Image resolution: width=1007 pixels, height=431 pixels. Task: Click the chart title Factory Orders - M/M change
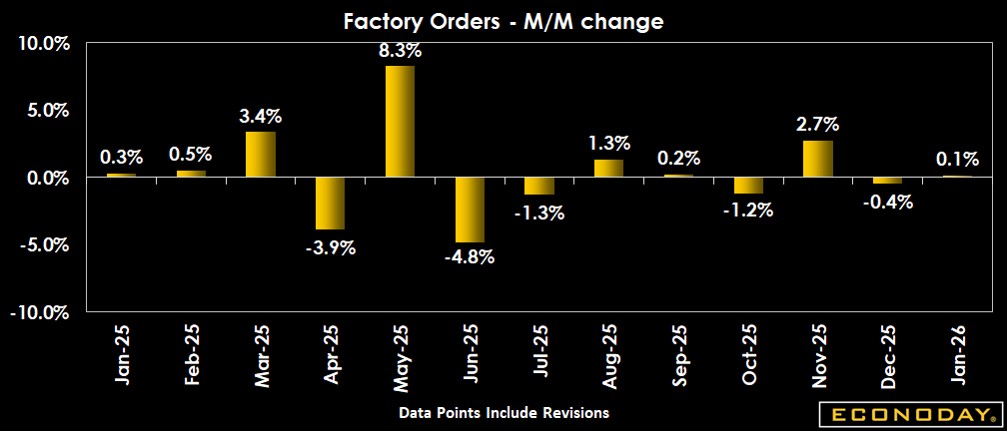pyautogui.click(x=503, y=20)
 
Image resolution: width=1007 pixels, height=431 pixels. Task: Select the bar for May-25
pyautogui.click(x=400, y=121)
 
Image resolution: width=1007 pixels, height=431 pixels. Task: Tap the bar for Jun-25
pyautogui.click(x=470, y=210)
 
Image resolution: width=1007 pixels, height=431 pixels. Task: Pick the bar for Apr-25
pyautogui.click(x=330, y=204)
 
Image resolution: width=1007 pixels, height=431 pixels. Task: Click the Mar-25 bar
pyautogui.click(x=260, y=154)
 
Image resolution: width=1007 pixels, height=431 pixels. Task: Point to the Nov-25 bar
pyautogui.click(x=817, y=159)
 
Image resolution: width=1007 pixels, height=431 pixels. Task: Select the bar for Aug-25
pyautogui.click(x=608, y=168)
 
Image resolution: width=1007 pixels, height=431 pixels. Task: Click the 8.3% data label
pyautogui.click(x=400, y=49)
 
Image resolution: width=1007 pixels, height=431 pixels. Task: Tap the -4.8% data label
pyautogui.click(x=470, y=256)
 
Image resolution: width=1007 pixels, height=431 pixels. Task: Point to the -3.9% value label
pyautogui.click(x=330, y=247)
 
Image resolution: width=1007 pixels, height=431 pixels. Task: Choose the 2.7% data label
pyautogui.click(x=817, y=125)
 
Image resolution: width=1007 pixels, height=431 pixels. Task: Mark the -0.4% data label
pyautogui.click(x=887, y=201)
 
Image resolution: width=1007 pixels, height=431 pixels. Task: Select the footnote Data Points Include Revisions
pyautogui.click(x=503, y=412)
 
